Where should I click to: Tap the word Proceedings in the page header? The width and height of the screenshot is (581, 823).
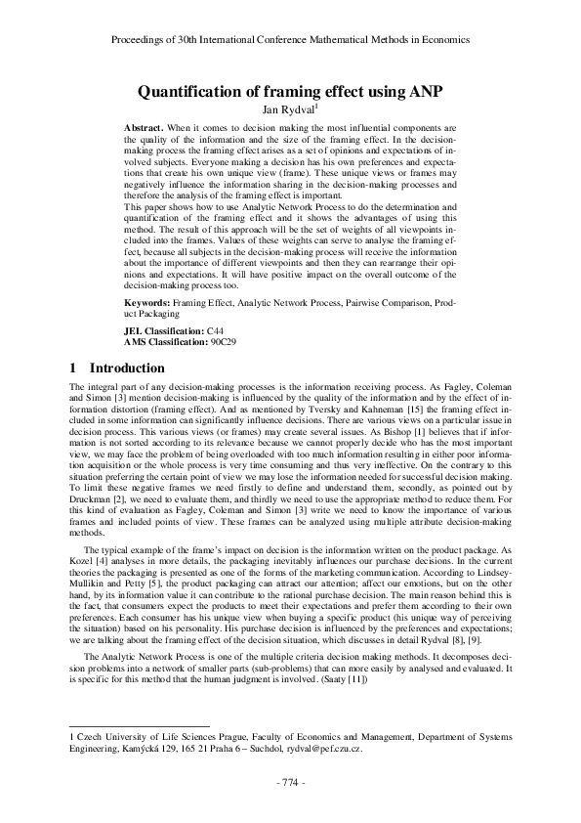click(140, 40)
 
